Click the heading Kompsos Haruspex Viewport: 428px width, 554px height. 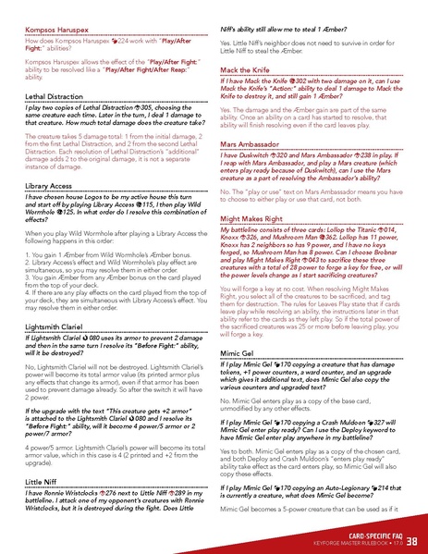coord(52,30)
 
